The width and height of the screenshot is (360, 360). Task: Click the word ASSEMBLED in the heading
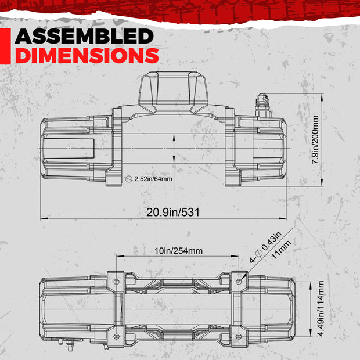[84, 36]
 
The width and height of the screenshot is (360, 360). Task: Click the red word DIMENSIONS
[87, 55]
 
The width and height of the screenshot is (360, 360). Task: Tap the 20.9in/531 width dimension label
[173, 212]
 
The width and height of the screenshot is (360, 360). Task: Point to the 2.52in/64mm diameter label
[153, 179]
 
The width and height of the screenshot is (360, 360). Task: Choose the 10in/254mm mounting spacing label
[178, 251]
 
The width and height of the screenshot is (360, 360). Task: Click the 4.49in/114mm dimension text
[321, 308]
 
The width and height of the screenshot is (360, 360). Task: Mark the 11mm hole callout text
[281, 250]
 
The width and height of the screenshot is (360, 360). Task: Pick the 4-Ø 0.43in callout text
[265, 247]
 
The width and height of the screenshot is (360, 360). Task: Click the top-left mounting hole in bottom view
[117, 282]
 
